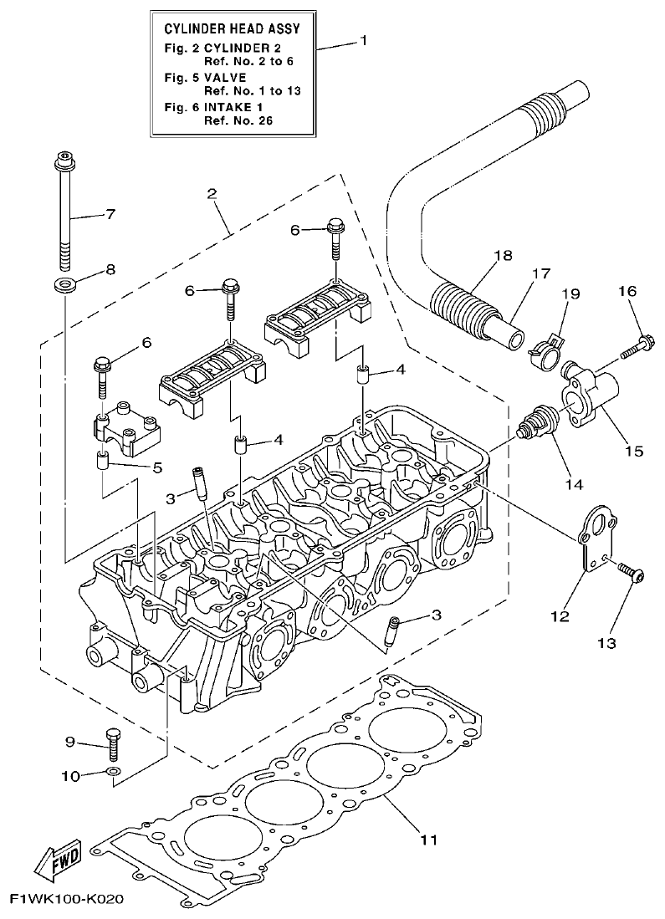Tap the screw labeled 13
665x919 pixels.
point(628,574)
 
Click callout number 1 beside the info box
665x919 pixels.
point(363,40)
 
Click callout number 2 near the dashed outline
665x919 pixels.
point(212,194)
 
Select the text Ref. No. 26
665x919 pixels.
point(239,120)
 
